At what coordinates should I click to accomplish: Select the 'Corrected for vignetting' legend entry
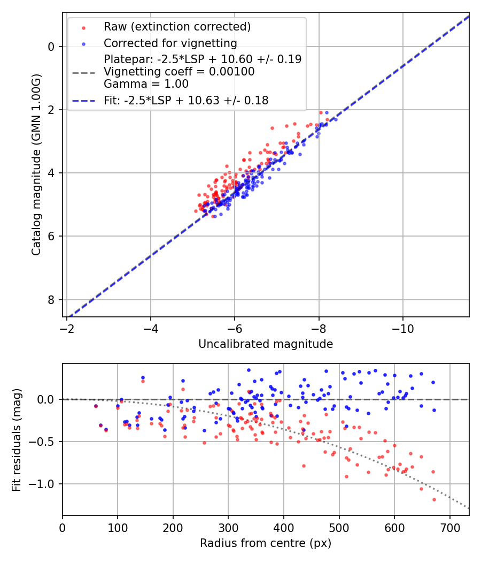170,43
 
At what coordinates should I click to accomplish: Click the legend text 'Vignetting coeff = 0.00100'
179,72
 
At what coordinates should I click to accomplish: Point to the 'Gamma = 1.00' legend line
146,84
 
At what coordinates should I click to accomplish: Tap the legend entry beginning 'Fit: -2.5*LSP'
185,100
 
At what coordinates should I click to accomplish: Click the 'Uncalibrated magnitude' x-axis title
266,344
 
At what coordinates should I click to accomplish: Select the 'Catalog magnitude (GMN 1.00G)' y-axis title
36,165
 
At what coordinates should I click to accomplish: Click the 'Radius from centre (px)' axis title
266,543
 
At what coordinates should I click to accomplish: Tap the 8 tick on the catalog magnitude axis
52,300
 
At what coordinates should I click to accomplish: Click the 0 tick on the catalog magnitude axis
52,47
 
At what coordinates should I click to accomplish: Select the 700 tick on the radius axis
449,527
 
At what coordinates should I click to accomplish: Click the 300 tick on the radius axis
228,527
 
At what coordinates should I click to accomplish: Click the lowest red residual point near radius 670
434,499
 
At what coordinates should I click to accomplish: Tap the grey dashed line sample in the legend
83,72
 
